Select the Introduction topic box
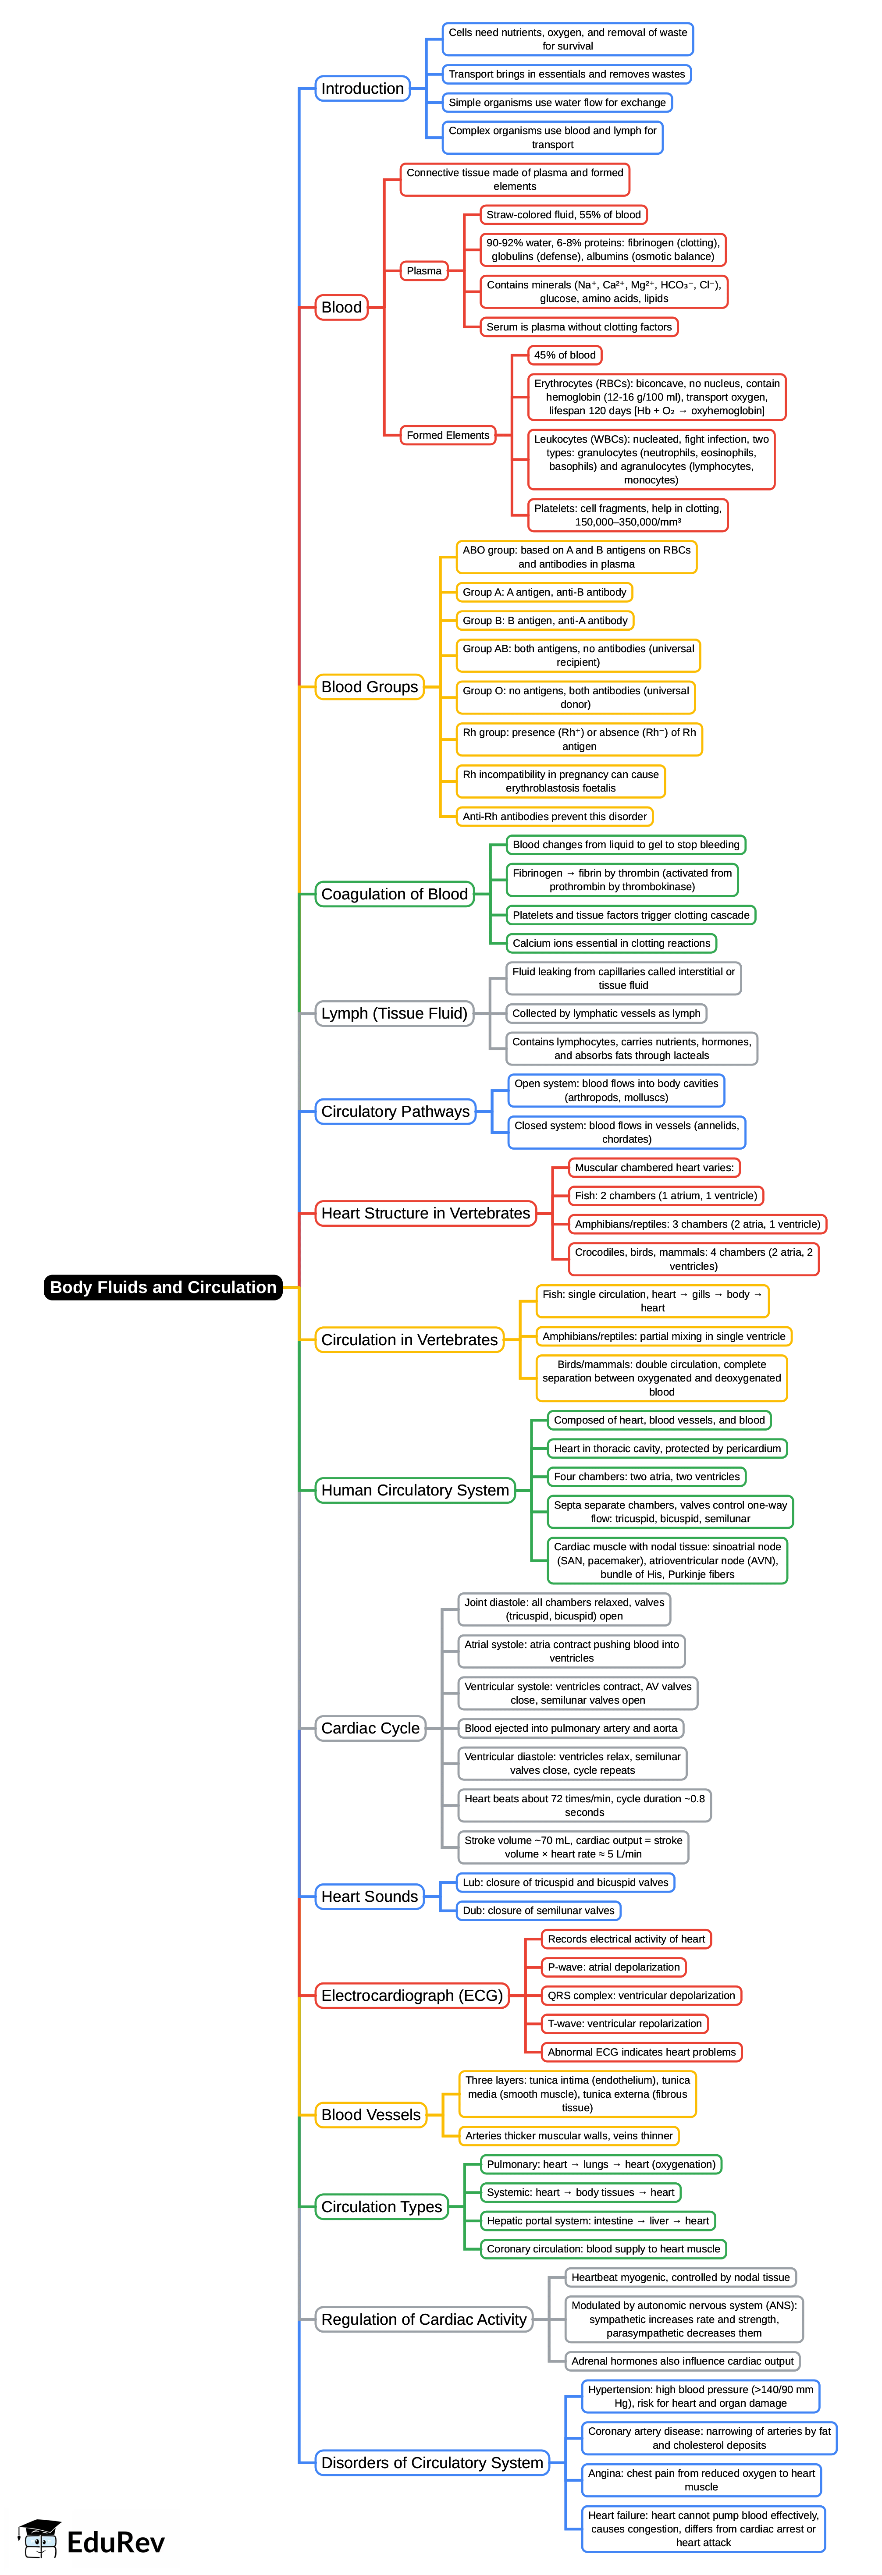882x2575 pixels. [x=362, y=88]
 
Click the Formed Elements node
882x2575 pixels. [x=448, y=435]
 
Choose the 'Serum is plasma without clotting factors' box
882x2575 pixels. [x=579, y=327]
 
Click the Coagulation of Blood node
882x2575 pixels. [x=394, y=894]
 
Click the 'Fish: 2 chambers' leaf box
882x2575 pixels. [x=666, y=1196]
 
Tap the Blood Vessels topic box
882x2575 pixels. [x=370, y=2114]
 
